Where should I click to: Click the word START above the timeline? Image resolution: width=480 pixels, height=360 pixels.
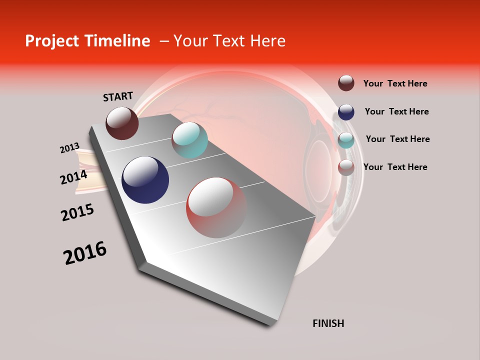click(x=118, y=96)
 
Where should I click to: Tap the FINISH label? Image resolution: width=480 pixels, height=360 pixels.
click(x=328, y=323)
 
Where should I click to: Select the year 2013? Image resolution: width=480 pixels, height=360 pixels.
click(x=69, y=148)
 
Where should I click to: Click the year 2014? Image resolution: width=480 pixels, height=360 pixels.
click(x=73, y=177)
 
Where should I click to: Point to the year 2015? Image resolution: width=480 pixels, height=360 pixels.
click(x=77, y=212)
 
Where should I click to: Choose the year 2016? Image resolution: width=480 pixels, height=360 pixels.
click(x=85, y=253)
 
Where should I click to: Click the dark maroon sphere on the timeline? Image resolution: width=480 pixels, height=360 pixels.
click(x=122, y=123)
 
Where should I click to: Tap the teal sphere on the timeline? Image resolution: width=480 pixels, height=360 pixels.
click(x=189, y=140)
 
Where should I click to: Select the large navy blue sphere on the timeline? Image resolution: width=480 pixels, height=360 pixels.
click(x=145, y=180)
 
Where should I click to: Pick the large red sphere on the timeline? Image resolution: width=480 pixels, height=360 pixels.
click(x=216, y=207)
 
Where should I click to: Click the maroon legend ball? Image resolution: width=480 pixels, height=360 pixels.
click(x=346, y=83)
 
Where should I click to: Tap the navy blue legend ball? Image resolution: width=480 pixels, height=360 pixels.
click(x=346, y=112)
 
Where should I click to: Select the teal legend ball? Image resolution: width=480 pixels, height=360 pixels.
click(x=346, y=140)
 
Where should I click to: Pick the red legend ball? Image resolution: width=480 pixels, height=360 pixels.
click(x=346, y=167)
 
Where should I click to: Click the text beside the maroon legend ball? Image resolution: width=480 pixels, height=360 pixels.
click(x=395, y=83)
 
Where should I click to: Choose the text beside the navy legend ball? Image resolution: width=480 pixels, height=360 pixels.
click(x=396, y=111)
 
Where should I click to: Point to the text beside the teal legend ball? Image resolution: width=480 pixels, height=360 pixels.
click(x=397, y=139)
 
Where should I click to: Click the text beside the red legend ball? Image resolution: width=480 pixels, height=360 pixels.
click(x=395, y=167)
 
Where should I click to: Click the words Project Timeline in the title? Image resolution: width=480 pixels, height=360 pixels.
click(x=87, y=41)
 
